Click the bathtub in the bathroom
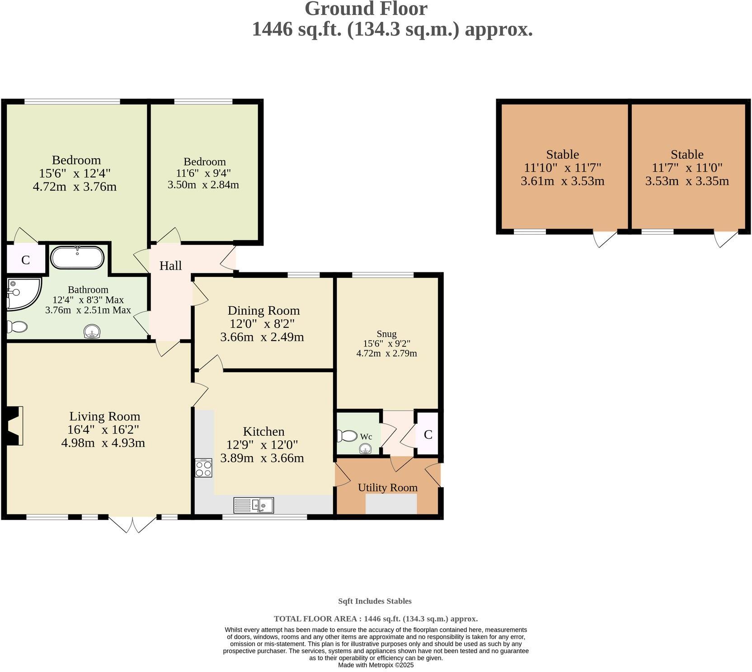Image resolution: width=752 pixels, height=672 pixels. click(77, 257)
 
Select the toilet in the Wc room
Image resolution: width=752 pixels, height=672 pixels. click(347, 436)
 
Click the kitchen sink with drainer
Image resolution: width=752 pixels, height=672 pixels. click(254, 505)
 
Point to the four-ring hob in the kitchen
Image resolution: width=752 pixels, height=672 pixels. click(203, 468)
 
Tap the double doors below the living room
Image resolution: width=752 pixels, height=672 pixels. click(132, 524)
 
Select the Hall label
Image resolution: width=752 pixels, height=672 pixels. click(170, 266)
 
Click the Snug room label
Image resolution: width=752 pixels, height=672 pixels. click(386, 334)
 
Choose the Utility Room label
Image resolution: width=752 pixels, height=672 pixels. click(387, 488)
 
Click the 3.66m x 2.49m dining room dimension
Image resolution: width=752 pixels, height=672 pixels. click(262, 337)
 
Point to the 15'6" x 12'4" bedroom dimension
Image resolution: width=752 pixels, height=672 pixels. click(75, 173)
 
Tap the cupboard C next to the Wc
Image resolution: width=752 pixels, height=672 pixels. click(428, 434)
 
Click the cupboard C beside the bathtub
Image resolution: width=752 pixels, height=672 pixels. click(25, 260)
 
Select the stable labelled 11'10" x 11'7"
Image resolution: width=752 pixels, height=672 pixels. click(562, 168)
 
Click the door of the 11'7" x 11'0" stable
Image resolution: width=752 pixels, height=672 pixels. click(726, 238)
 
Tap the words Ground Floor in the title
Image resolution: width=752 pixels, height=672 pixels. click(366, 9)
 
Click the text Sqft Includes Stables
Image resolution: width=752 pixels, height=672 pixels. click(375, 601)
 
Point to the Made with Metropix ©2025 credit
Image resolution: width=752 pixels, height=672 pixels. click(376, 665)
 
